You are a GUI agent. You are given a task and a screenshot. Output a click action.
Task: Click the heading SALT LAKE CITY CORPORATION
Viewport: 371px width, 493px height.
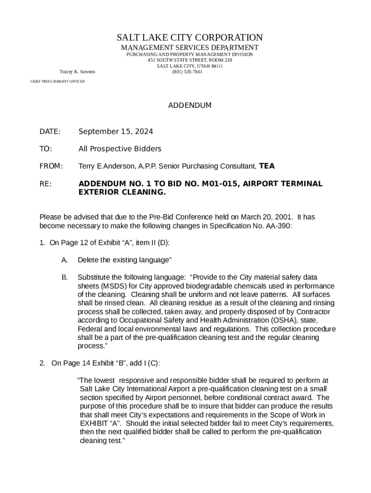189,38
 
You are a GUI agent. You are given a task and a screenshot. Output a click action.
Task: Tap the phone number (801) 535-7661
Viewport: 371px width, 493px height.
187,72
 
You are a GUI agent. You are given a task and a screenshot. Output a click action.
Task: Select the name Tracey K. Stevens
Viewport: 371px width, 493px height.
77,72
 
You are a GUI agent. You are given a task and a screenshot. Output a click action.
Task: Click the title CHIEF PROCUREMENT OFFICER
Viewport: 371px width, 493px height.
57,82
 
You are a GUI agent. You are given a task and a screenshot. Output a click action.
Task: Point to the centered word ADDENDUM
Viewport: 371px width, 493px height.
189,105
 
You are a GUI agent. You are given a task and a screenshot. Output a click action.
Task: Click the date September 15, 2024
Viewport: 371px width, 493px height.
116,131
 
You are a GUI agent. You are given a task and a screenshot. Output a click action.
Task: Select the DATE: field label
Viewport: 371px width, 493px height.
50,131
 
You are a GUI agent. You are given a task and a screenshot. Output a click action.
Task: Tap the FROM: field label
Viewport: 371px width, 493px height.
51,166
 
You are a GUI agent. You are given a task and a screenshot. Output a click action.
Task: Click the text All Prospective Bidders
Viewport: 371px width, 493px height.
119,149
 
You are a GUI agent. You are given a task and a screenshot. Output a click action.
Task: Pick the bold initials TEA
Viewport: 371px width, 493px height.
267,166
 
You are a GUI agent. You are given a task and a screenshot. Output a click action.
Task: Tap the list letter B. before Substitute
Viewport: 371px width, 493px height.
64,277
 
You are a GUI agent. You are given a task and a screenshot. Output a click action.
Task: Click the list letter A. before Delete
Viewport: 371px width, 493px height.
64,260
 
